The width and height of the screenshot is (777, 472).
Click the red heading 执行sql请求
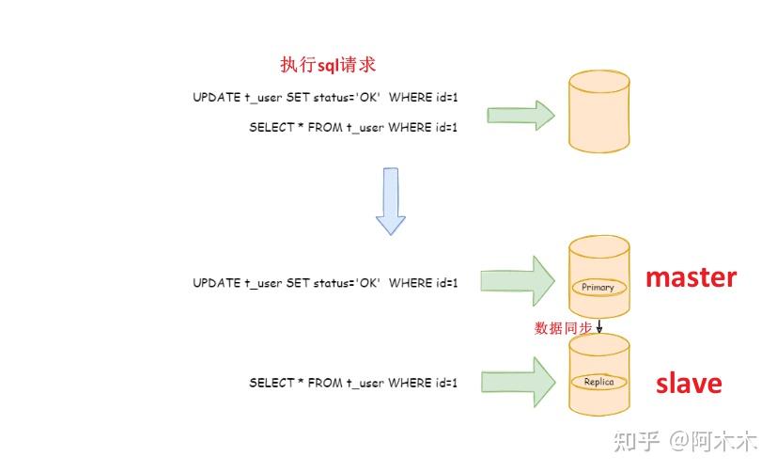point(328,65)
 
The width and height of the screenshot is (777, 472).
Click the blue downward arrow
point(391,201)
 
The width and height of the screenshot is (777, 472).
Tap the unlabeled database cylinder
point(599,112)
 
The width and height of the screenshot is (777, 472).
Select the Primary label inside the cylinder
point(598,287)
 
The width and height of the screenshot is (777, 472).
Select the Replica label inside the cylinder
point(598,382)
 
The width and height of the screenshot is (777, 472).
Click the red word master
point(692,277)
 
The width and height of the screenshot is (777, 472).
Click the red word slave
point(689,384)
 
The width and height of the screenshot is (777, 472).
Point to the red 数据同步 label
point(563,328)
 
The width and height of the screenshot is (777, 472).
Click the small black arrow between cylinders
point(599,326)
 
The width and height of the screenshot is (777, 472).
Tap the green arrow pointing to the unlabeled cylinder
point(521,116)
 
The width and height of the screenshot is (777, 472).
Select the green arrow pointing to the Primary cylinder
point(518,281)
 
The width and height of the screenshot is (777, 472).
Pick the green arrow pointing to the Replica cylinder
point(519,383)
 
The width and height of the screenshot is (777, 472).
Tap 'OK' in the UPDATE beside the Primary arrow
point(368,283)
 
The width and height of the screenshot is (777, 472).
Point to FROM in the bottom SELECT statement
point(325,383)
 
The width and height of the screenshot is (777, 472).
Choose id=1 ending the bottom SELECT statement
point(446,383)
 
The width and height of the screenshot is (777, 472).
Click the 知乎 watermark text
point(636,441)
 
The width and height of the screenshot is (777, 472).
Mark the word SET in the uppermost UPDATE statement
point(298,97)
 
